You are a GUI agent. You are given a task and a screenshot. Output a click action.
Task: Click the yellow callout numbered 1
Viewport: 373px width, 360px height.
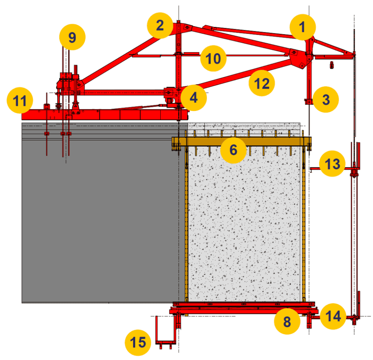coord(303,27)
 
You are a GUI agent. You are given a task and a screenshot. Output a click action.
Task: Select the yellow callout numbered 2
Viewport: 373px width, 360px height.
coord(160,25)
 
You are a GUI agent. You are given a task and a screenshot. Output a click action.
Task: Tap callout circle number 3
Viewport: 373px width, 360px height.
coord(326,99)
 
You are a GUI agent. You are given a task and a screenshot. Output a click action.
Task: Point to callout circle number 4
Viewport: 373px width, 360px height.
coord(193,98)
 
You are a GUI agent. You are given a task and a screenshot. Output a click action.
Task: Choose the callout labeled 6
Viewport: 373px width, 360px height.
coord(233,150)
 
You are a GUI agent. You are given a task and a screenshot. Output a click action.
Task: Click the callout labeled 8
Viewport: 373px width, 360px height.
coord(287,321)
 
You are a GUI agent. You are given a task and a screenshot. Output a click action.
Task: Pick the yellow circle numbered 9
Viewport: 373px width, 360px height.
coord(72,37)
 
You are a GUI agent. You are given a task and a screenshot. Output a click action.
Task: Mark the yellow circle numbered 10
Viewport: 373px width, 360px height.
coord(213,58)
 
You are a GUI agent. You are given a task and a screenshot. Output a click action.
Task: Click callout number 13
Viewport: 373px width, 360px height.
coord(332,164)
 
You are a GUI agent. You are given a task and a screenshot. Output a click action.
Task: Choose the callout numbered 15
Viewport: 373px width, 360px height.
coord(138,342)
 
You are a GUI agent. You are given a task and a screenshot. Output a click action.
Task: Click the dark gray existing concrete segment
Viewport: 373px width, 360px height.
coord(98,219)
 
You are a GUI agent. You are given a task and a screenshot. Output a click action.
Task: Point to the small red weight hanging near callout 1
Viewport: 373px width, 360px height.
coord(331,65)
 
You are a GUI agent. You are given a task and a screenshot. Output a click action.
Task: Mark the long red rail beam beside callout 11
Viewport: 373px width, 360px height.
coord(106,115)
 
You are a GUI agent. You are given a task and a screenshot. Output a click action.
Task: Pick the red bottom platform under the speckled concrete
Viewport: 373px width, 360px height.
coord(240,310)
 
